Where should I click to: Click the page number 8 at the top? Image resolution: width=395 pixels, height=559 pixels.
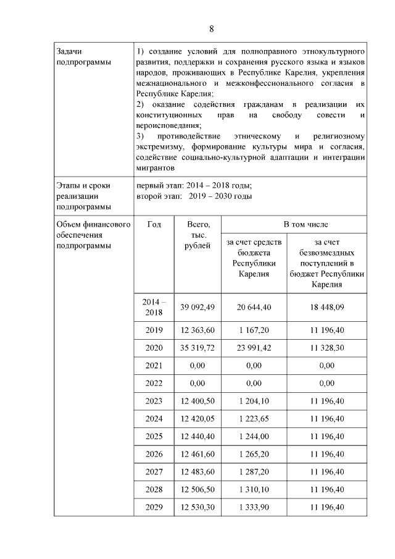[211, 29]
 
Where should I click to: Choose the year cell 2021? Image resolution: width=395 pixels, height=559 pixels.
[154, 366]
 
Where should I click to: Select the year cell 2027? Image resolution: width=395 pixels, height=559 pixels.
[154, 472]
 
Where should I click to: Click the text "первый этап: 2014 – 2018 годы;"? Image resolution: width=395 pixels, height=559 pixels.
[194, 186]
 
